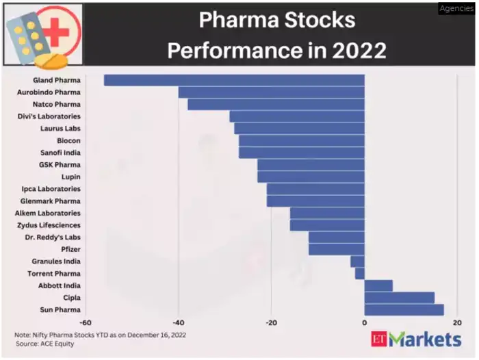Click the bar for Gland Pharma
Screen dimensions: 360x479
[x=234, y=80]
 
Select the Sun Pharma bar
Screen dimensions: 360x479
[x=404, y=310]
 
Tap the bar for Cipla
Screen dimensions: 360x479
[x=399, y=298]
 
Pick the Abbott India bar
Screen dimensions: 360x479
[x=378, y=285]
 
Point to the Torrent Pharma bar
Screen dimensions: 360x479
[x=359, y=274]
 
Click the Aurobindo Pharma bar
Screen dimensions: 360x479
[x=271, y=92]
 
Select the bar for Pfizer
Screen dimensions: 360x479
[x=336, y=249]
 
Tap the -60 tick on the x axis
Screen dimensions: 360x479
[x=86, y=322]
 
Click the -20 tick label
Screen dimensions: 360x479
[x=271, y=322]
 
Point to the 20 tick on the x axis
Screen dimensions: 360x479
[x=457, y=322]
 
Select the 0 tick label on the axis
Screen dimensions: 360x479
[x=364, y=322]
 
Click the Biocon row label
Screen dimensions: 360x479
[x=68, y=141]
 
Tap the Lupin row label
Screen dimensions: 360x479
[x=70, y=177]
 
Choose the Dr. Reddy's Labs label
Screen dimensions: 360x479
[x=53, y=237]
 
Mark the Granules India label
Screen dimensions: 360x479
[x=56, y=261]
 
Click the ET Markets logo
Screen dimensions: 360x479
[x=416, y=339]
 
